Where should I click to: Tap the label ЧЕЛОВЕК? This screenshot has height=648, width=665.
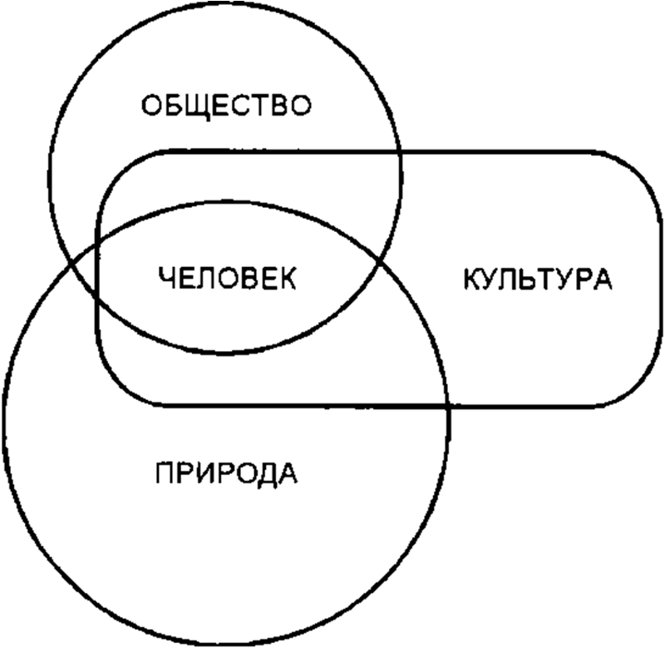(x=227, y=277)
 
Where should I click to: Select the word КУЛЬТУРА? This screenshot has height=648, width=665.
(x=537, y=280)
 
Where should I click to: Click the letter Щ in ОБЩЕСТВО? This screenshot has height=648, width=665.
(x=189, y=107)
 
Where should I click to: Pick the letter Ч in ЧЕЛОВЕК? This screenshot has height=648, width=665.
(x=167, y=277)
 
